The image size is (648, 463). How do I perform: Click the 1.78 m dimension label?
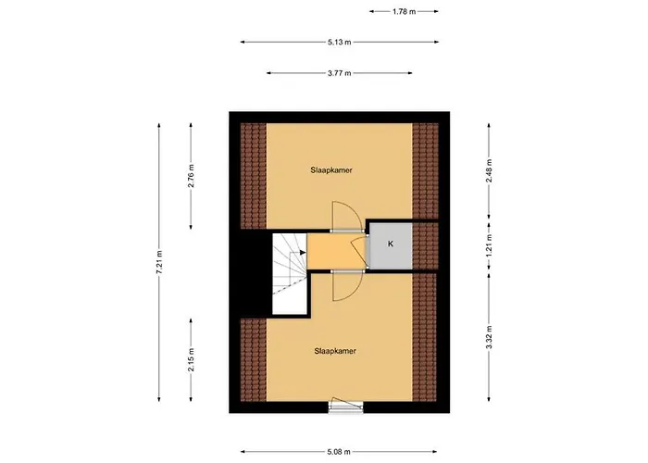coord(404,12)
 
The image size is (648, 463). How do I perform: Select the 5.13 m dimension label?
coord(339,42)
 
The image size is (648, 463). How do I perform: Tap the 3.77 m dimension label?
coord(339,72)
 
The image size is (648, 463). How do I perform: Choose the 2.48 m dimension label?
coord(489,174)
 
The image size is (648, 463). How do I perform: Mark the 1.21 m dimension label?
coord(489,246)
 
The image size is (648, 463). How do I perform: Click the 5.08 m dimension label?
coord(339,452)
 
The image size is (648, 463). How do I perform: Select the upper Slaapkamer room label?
coord(330,170)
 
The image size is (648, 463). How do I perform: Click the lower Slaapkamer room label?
coord(335,351)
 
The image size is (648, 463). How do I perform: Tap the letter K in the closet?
coord(391,244)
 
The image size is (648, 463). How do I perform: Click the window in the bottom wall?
coord(341,407)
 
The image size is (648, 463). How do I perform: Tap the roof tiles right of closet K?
coord(425,245)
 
